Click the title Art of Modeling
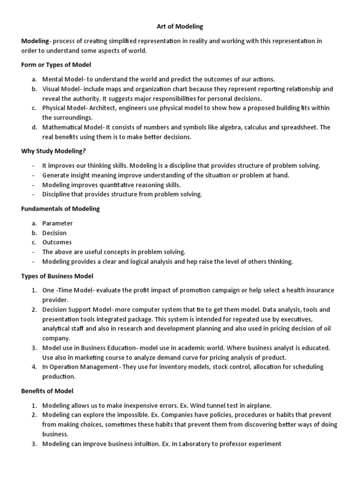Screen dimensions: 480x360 click(180, 27)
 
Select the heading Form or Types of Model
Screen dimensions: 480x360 click(56, 65)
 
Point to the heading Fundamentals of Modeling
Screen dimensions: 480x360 click(60, 209)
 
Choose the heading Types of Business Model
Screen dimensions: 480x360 click(57, 276)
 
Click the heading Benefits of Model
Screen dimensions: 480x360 click(47, 390)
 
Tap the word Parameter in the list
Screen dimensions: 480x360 click(58, 223)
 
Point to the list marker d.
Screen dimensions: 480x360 click(34, 127)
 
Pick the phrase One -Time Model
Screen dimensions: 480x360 click(67, 290)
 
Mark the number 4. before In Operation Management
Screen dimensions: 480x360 click(34, 367)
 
